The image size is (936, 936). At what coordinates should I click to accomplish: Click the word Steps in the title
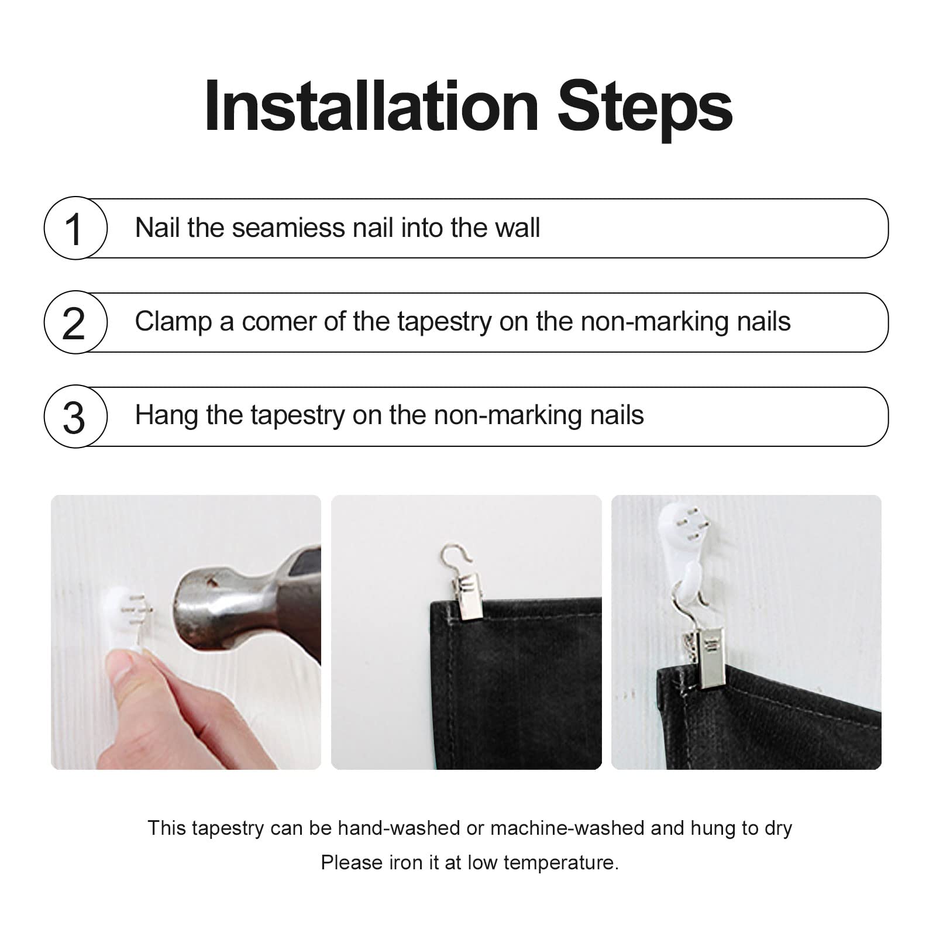click(645, 111)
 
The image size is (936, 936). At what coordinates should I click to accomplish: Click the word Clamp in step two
click(173, 322)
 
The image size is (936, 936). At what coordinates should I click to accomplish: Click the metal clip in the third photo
click(707, 655)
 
